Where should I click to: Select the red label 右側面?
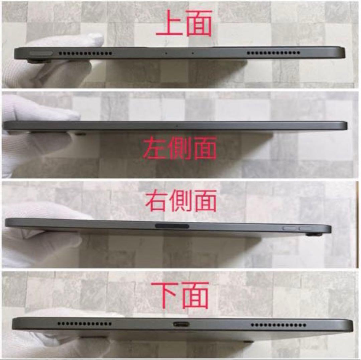click(x=181, y=201)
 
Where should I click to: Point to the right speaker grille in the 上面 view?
click(x=273, y=53)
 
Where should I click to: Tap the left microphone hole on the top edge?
click(x=166, y=53)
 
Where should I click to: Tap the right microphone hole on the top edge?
click(x=193, y=53)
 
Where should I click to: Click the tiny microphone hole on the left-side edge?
click(x=176, y=126)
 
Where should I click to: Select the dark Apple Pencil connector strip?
click(x=172, y=226)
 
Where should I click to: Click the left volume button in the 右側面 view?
click(x=289, y=228)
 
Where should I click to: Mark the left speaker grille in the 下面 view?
click(x=85, y=324)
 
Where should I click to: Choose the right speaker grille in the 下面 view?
click(x=277, y=325)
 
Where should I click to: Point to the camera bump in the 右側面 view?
click(x=314, y=235)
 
